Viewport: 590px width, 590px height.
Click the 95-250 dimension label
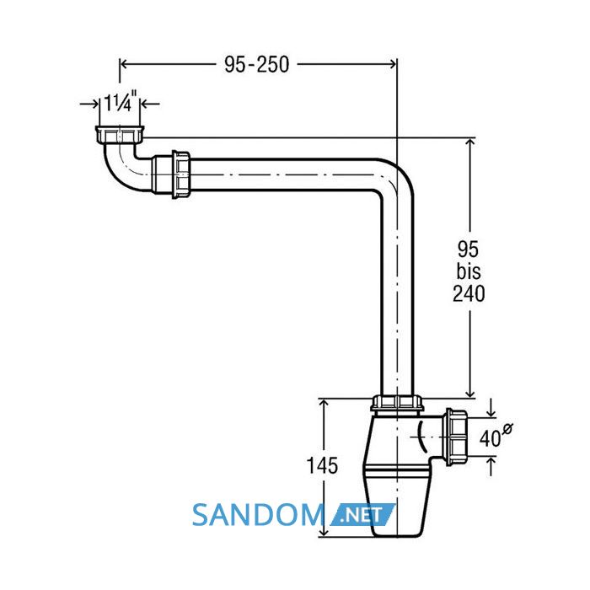(x=256, y=64)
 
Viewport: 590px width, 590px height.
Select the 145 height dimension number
(x=322, y=465)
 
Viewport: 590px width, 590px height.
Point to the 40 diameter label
(x=490, y=438)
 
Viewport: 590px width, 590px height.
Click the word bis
(x=469, y=271)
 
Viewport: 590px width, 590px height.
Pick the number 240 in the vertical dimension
(x=469, y=293)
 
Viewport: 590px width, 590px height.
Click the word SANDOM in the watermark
(x=258, y=515)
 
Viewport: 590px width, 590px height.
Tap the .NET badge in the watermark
(x=362, y=515)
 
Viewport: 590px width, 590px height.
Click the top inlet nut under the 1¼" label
(x=120, y=135)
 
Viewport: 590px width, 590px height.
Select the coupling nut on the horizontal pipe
(x=181, y=174)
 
